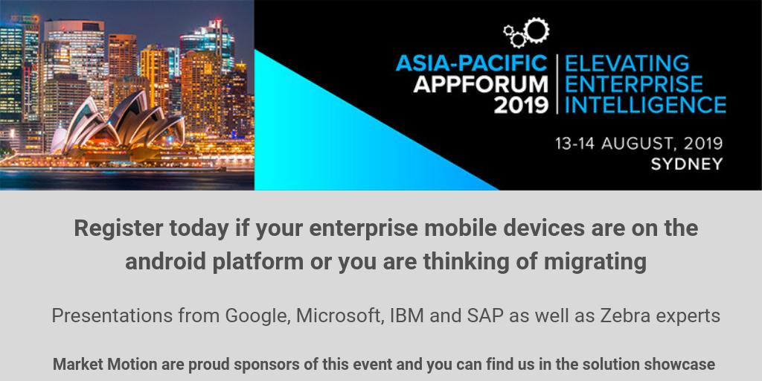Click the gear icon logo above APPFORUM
[x=527, y=32]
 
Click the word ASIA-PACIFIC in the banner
[x=471, y=63]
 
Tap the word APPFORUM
[x=481, y=83]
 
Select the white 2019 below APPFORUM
[x=521, y=104]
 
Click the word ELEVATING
[x=627, y=63]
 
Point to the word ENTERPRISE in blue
[x=633, y=83]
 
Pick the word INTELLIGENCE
[x=645, y=104]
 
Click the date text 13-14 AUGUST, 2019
[x=638, y=144]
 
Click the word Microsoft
[x=339, y=316]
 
